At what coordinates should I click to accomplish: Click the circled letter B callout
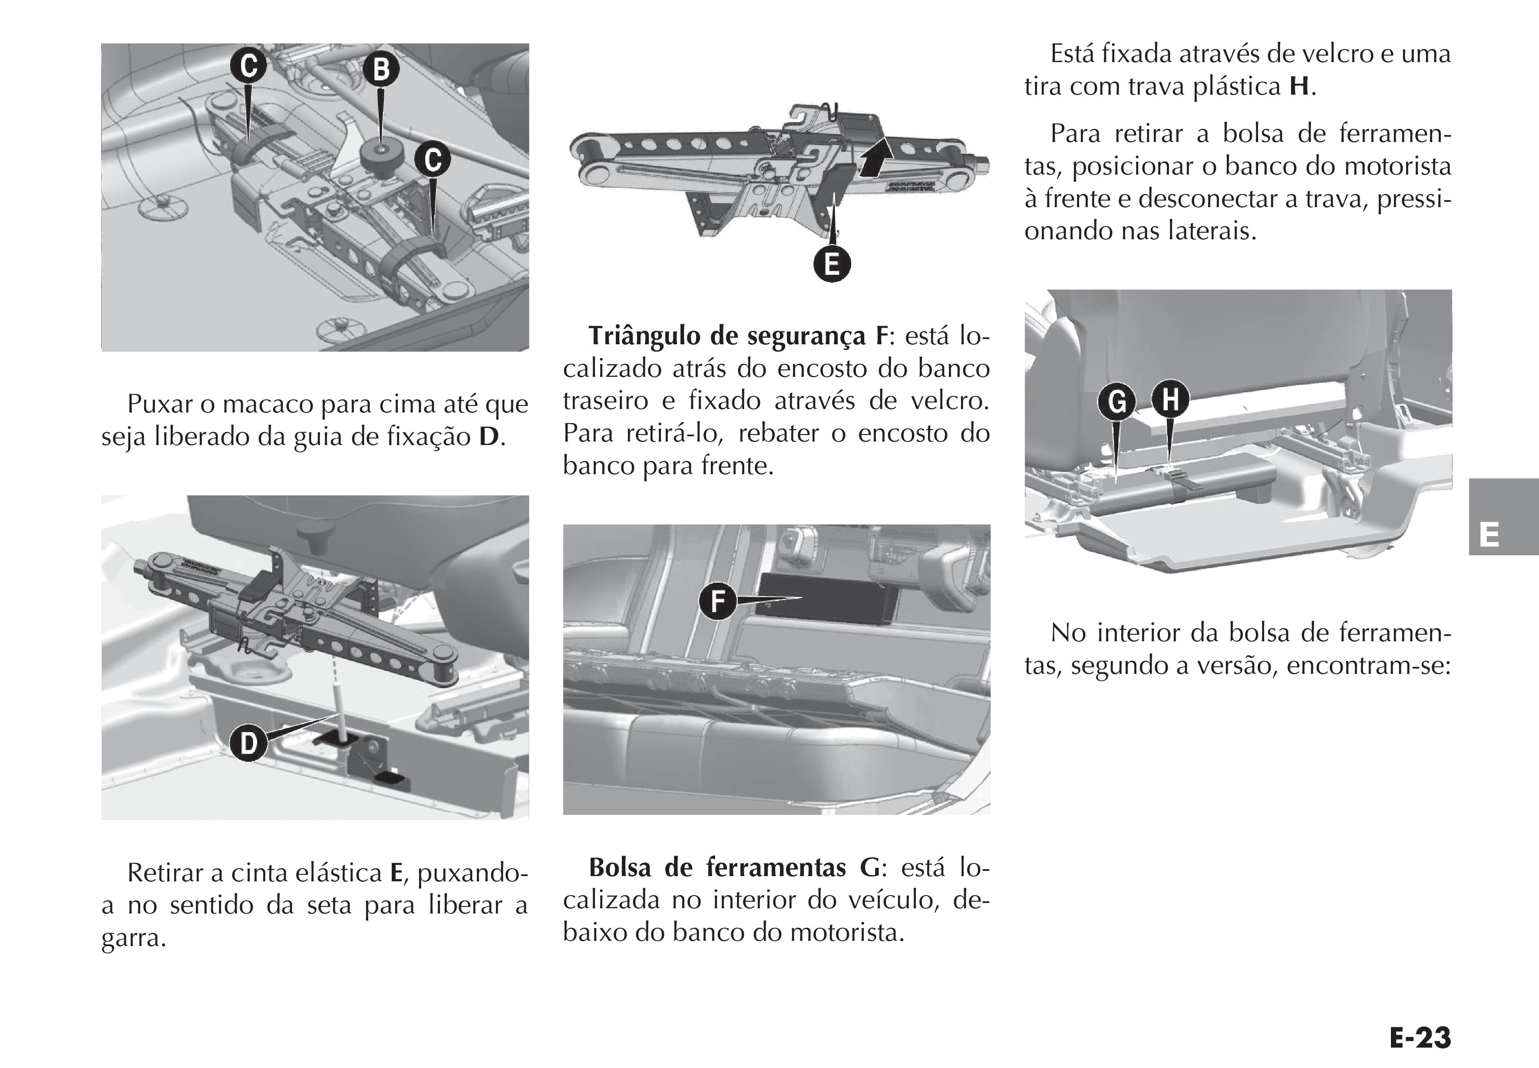(x=381, y=69)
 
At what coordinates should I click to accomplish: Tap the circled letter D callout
(x=248, y=743)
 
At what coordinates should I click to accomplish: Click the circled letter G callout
(x=1116, y=402)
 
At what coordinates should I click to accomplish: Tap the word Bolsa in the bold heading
(x=620, y=868)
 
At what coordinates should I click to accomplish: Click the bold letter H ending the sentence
(x=1299, y=87)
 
